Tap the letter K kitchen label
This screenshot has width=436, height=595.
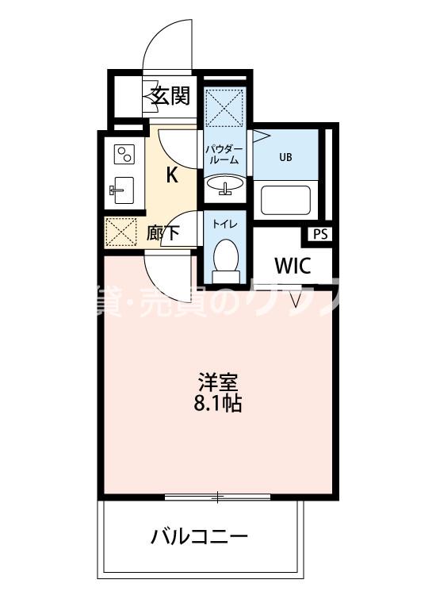click(x=171, y=175)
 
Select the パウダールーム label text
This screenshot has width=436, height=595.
click(x=224, y=153)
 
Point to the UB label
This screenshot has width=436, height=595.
click(x=285, y=156)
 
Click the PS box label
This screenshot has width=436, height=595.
click(x=320, y=234)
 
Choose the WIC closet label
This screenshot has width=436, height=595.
click(x=292, y=266)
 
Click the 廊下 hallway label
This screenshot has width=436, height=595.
click(x=164, y=234)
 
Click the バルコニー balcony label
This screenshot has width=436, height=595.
click(x=200, y=537)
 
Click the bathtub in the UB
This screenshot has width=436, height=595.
click(x=288, y=200)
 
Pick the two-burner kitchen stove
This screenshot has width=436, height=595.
click(x=124, y=153)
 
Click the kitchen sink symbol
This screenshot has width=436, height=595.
click(x=122, y=190)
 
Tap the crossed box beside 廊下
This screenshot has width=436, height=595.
click(x=123, y=232)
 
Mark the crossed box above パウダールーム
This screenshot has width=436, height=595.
click(x=225, y=106)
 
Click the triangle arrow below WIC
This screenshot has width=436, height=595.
click(x=296, y=301)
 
